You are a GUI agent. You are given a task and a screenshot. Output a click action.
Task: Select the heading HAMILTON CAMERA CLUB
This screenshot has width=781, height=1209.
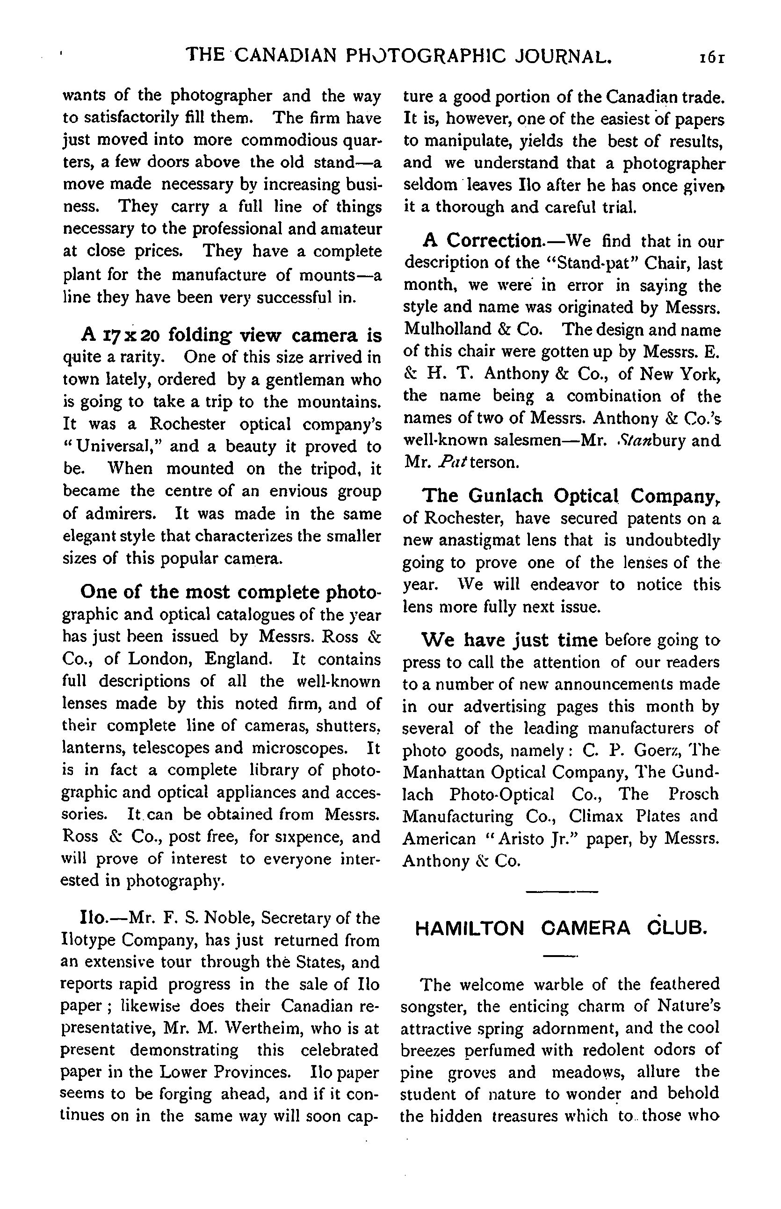click(560, 928)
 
